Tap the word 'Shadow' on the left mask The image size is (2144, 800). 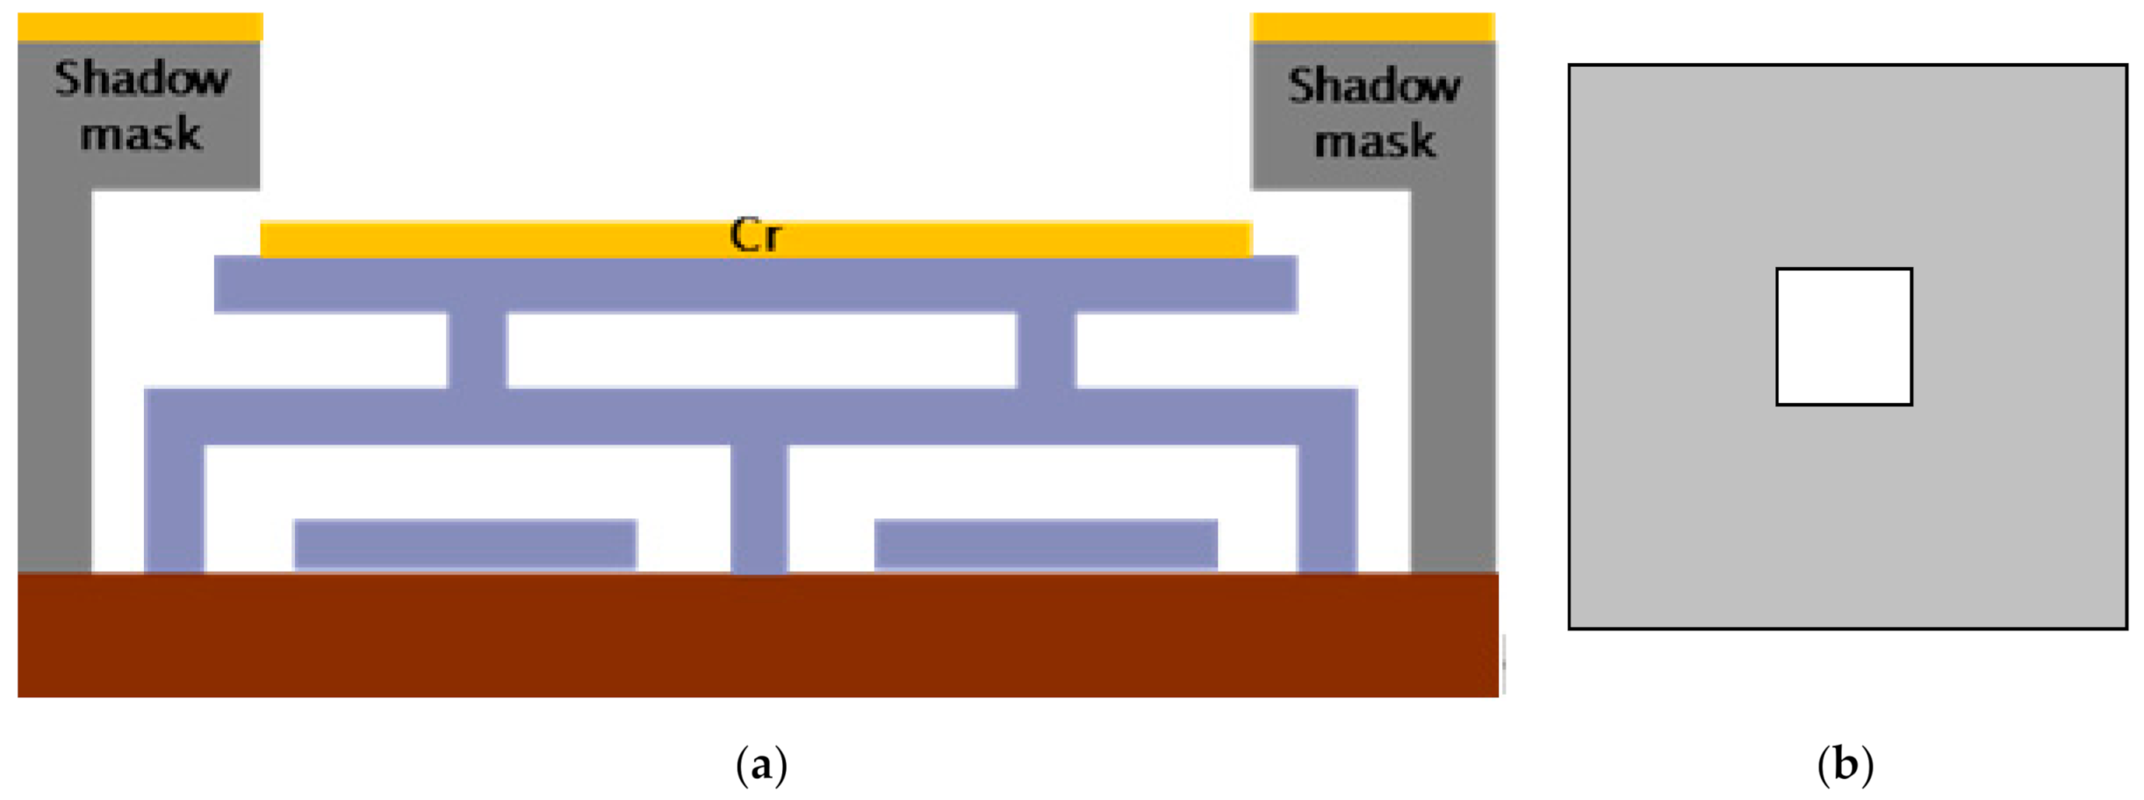click(141, 79)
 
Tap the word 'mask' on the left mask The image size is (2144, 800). click(140, 134)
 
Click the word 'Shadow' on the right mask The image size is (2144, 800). click(1374, 86)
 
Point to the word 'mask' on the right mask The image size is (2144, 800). click(1374, 141)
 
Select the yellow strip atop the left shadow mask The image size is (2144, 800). click(140, 27)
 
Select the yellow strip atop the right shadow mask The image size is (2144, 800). click(1372, 27)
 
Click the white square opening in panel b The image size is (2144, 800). click(1844, 336)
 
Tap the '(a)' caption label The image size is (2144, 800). click(760, 765)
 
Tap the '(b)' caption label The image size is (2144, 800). click(1845, 765)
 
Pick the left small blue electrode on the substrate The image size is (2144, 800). click(464, 544)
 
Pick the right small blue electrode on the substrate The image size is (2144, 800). click(1045, 544)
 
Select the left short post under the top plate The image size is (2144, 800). click(478, 350)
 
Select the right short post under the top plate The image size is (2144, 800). click(1046, 350)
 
